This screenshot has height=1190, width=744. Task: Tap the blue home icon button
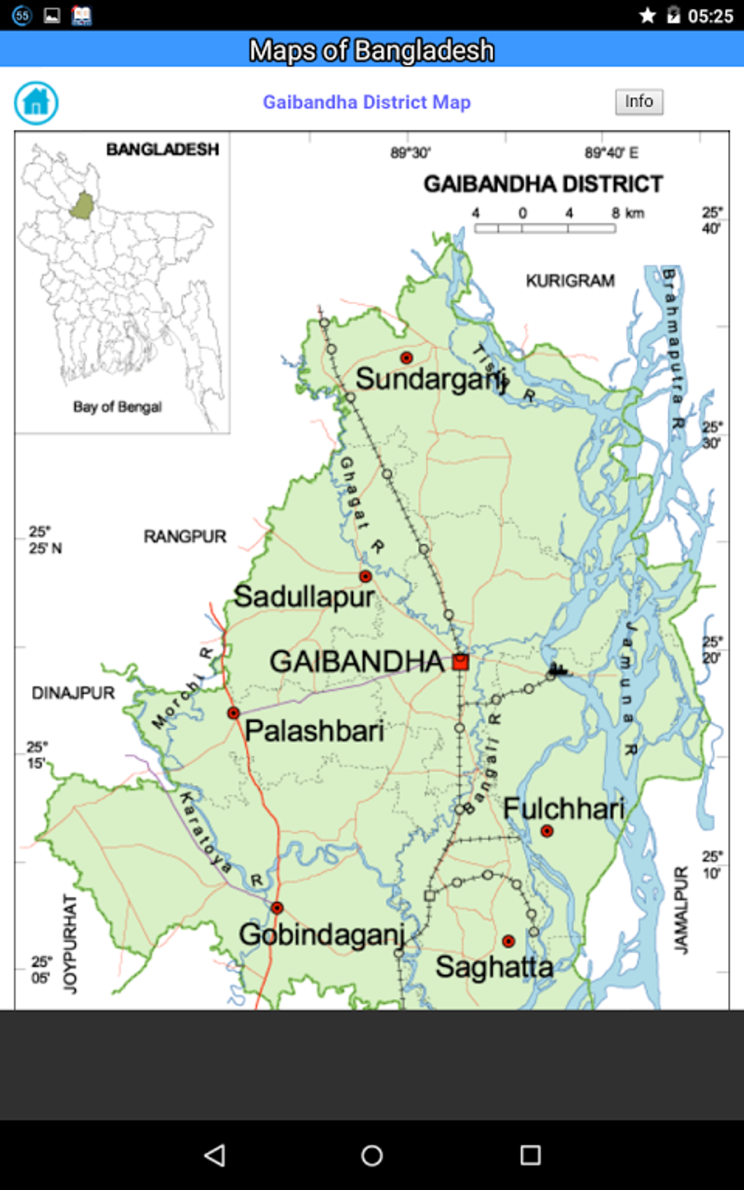click(x=36, y=103)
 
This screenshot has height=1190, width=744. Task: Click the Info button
click(x=639, y=101)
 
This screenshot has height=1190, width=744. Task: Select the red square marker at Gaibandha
click(x=460, y=661)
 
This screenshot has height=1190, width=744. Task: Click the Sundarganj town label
click(x=430, y=379)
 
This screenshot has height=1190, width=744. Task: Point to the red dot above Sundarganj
click(x=406, y=357)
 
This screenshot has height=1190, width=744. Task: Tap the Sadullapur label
click(x=304, y=596)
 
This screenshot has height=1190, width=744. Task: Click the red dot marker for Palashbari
click(x=233, y=712)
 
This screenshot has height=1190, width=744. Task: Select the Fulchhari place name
click(x=563, y=809)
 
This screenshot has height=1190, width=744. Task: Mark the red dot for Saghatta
click(x=508, y=941)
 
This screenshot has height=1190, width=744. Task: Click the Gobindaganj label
click(x=322, y=935)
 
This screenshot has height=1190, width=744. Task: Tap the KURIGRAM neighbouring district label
click(x=570, y=281)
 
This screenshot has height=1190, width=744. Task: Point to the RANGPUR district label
click(x=185, y=537)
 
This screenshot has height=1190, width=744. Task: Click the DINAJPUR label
click(x=73, y=693)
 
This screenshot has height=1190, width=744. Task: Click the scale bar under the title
click(x=544, y=228)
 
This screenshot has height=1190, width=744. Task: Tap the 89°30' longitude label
click(x=410, y=152)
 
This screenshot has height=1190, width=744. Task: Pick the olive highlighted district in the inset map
click(x=82, y=206)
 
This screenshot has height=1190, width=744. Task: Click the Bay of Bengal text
click(x=117, y=407)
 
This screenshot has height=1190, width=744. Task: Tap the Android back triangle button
click(x=214, y=1155)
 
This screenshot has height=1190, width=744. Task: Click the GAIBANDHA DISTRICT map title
click(x=543, y=184)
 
